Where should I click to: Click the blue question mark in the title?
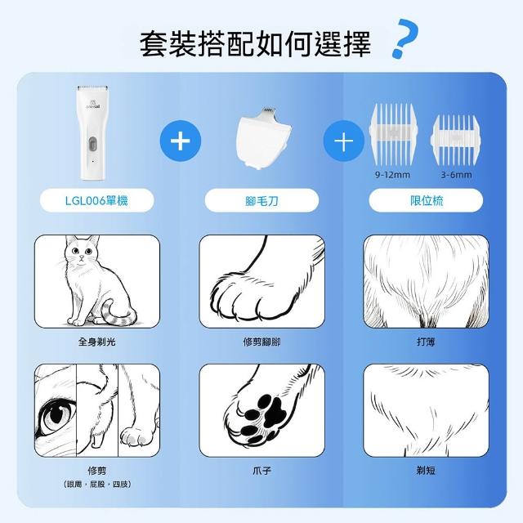pyautogui.click(x=405, y=38)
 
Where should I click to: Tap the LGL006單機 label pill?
pyautogui.click(x=96, y=200)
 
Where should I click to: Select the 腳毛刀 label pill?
pyautogui.click(x=261, y=200)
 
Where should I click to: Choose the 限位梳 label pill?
pyautogui.click(x=426, y=200)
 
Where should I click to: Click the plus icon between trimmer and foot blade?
pyautogui.click(x=181, y=141)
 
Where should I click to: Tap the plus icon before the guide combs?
pyautogui.click(x=344, y=141)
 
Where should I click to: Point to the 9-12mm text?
pyautogui.click(x=392, y=175)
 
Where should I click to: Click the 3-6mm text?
pyautogui.click(x=456, y=175)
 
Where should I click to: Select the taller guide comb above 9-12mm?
pyautogui.click(x=393, y=134)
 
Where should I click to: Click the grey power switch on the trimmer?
pyautogui.click(x=92, y=144)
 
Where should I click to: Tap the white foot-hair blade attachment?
pyautogui.click(x=263, y=138)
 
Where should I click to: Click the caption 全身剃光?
pyautogui.click(x=96, y=342)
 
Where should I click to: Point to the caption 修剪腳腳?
pyautogui.click(x=261, y=342)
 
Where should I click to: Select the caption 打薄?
pyautogui.click(x=426, y=342)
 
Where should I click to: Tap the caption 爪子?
pyautogui.click(x=261, y=471)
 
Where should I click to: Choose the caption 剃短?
pyautogui.click(x=426, y=471)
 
